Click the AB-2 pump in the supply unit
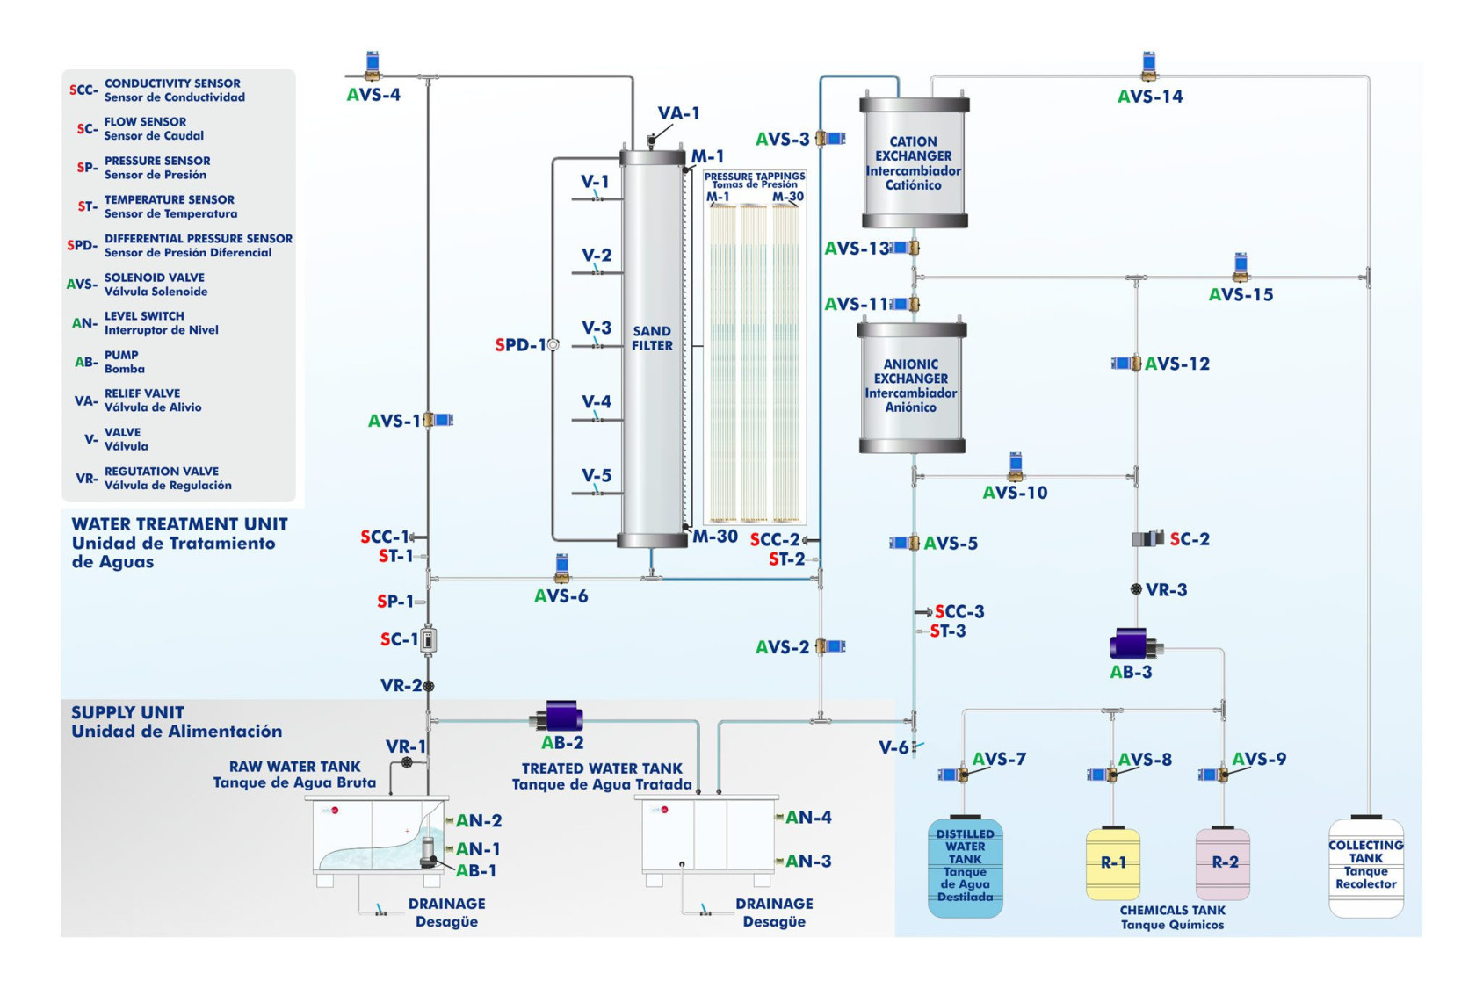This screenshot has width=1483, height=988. (x=562, y=717)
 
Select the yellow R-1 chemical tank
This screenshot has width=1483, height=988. (x=1113, y=864)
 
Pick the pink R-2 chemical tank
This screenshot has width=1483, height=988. (x=1223, y=864)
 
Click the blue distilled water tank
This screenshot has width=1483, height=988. (x=965, y=868)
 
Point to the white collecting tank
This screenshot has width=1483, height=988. (x=1365, y=868)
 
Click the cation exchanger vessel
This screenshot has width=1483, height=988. (x=914, y=163)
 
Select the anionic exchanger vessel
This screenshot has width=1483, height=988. (x=911, y=386)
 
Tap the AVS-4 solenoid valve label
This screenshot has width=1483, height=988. (x=373, y=95)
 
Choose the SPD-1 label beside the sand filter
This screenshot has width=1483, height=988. (x=520, y=345)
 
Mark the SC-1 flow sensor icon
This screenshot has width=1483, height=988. (x=428, y=640)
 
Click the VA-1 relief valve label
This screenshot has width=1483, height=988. (x=678, y=113)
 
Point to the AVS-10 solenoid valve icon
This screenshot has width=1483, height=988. (x=1016, y=465)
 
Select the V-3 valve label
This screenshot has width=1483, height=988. (x=597, y=328)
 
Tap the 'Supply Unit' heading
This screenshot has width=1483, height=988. (x=127, y=712)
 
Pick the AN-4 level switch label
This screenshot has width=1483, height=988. (x=808, y=818)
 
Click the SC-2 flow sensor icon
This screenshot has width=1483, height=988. (x=1147, y=538)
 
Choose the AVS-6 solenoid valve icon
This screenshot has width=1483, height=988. (x=562, y=568)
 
